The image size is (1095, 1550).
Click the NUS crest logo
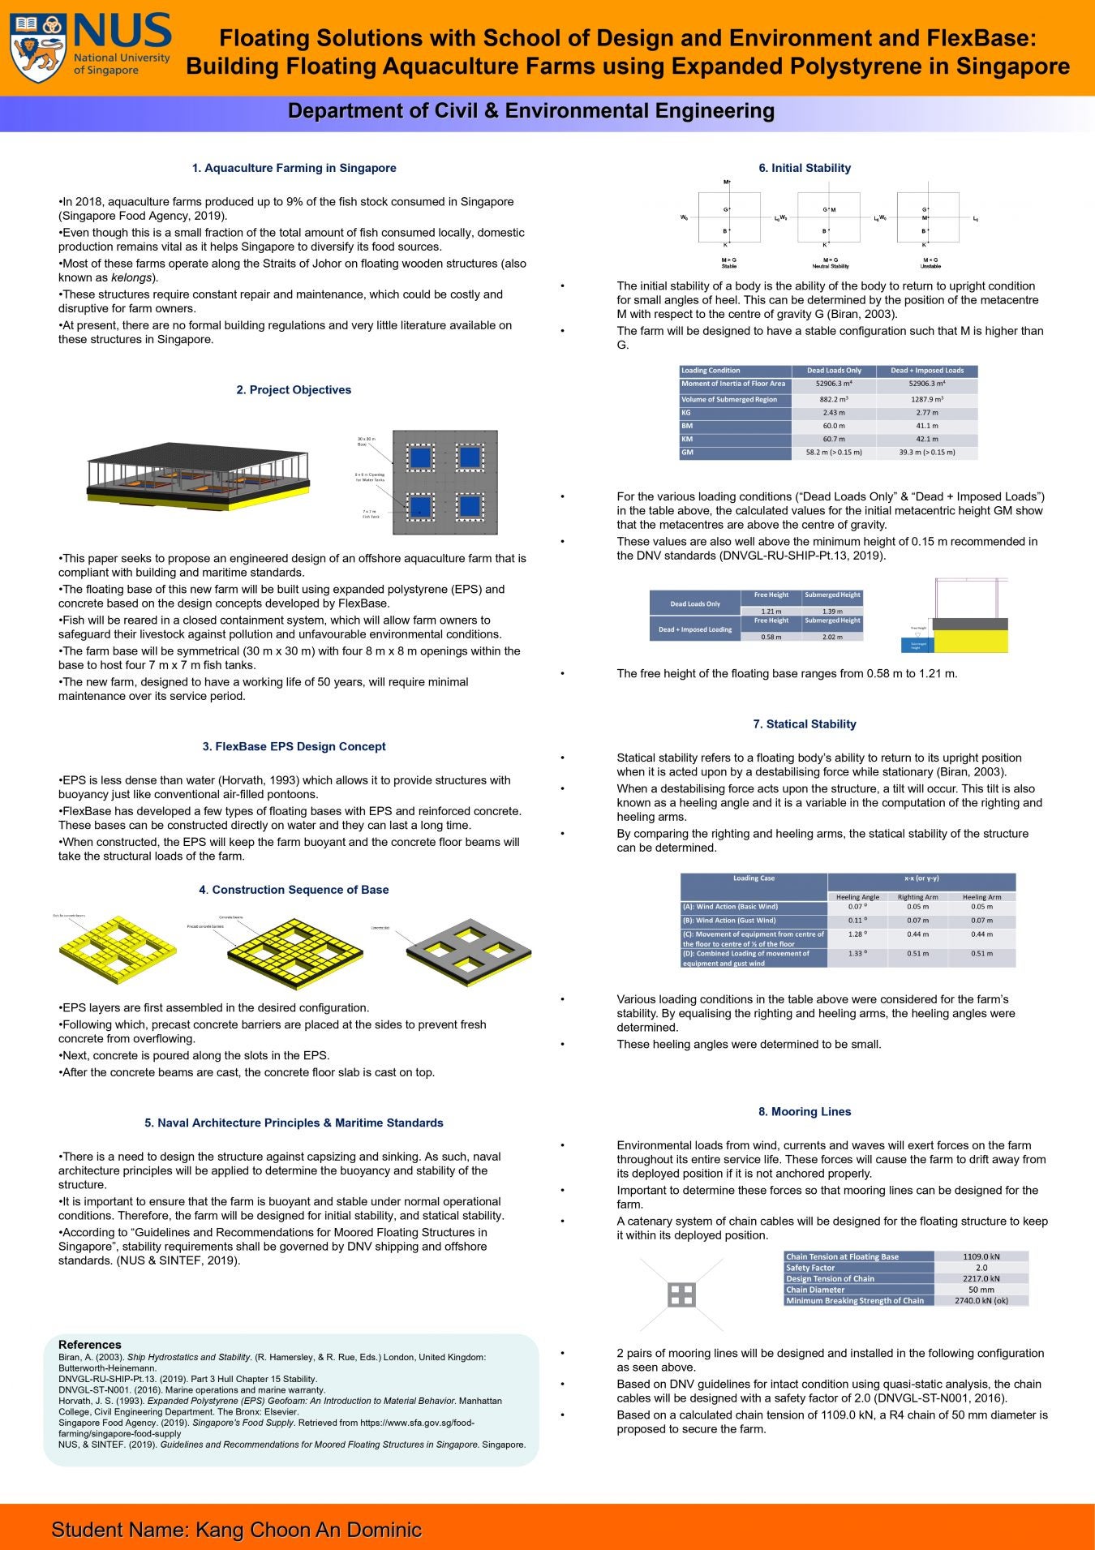coord(39,49)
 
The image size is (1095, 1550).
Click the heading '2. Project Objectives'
coord(294,390)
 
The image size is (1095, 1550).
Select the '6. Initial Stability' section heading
coord(805,168)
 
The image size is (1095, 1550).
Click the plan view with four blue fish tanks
coord(444,483)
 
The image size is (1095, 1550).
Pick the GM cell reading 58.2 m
coord(834,453)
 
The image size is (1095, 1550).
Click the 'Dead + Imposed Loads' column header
coord(927,371)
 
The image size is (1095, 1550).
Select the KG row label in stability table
coord(735,413)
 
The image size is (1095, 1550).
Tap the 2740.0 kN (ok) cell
coord(981,1300)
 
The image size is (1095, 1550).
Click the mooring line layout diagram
coord(681,1295)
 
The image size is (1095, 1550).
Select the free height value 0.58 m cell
coord(771,637)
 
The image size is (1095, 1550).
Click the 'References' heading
coord(89,1344)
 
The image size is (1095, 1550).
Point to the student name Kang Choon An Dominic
coord(237,1529)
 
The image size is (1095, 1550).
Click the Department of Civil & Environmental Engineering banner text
coord(531,111)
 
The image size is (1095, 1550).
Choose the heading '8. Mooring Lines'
coord(805,1112)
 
